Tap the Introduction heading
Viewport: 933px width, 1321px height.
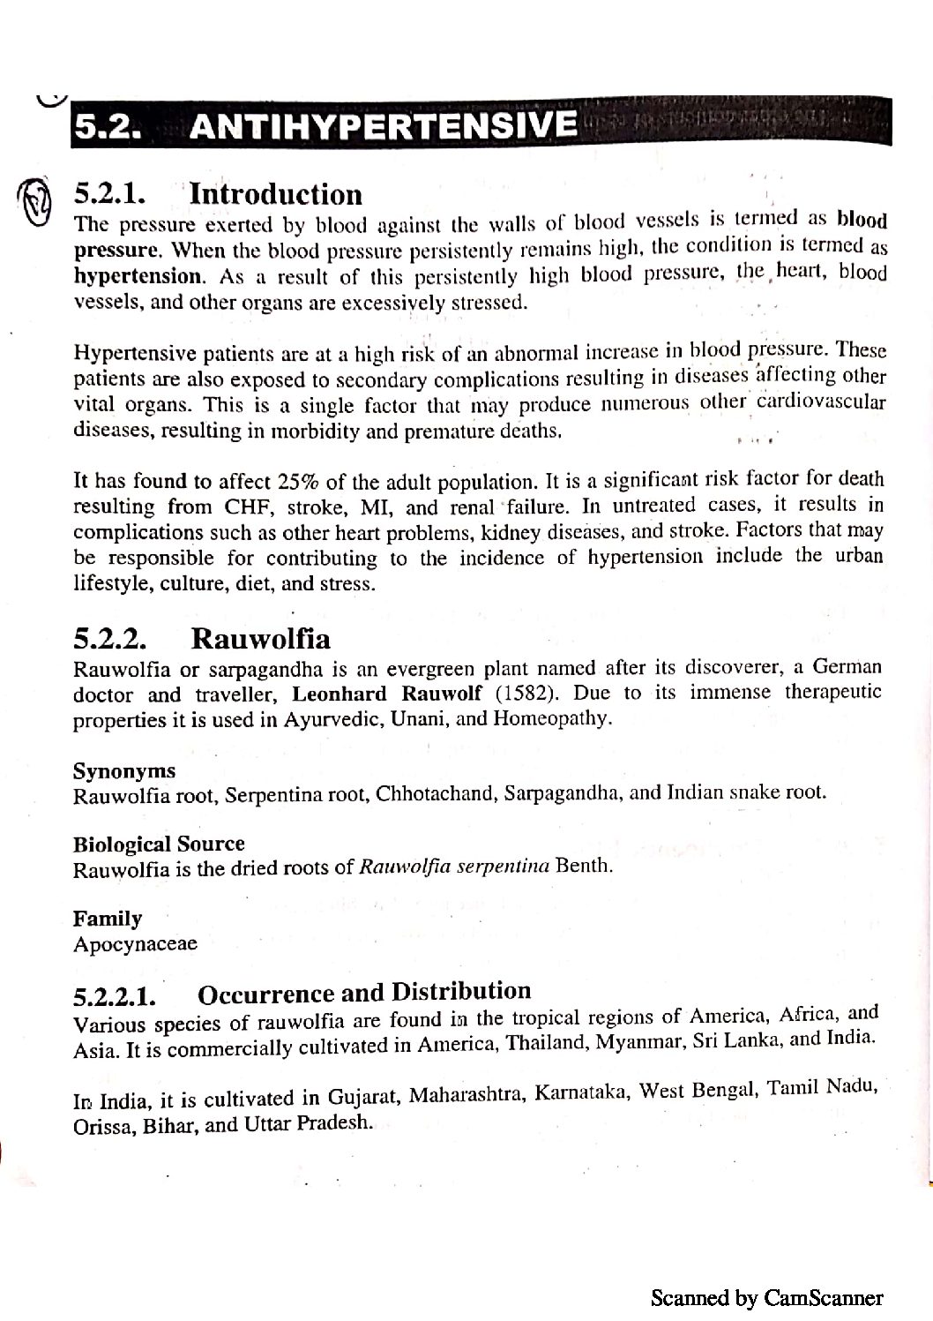tap(276, 194)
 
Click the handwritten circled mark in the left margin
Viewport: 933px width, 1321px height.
tap(33, 202)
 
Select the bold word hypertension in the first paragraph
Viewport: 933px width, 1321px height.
tap(138, 276)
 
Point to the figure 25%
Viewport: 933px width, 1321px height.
tap(299, 482)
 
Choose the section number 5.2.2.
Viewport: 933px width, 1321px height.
tap(110, 638)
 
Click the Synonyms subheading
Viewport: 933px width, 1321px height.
tap(124, 771)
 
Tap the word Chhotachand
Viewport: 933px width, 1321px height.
tap(436, 793)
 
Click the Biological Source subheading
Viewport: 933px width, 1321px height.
tap(159, 844)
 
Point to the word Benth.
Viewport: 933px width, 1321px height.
tap(583, 865)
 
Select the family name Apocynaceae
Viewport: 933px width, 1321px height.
tap(135, 944)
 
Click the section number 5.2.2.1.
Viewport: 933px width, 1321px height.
tap(116, 997)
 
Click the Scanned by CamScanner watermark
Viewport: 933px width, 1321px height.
tap(766, 1297)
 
